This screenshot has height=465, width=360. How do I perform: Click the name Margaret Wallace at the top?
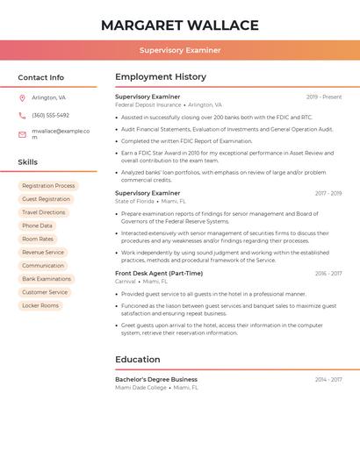(x=179, y=25)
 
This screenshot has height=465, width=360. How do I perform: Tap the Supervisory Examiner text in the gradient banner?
(x=179, y=50)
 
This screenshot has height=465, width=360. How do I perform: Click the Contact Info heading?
(x=40, y=77)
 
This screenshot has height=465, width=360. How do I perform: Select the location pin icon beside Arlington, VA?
(x=22, y=97)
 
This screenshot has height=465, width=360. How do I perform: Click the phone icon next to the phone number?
(x=22, y=115)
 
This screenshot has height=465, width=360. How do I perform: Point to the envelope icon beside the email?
(x=22, y=134)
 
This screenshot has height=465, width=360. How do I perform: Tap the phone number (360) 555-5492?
(x=50, y=115)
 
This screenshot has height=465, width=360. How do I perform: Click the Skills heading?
(x=27, y=162)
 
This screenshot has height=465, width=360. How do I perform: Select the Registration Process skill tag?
(x=48, y=186)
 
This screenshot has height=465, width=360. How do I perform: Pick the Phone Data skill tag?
(x=37, y=225)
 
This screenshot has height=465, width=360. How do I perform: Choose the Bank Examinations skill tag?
(x=47, y=279)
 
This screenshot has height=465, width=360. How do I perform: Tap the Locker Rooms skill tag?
(x=40, y=305)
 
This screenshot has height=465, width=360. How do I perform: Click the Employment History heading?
(x=160, y=77)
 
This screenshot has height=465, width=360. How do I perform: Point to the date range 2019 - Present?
(x=323, y=97)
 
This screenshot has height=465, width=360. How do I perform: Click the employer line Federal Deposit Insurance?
(x=148, y=105)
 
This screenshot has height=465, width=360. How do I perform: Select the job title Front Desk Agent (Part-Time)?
(x=158, y=274)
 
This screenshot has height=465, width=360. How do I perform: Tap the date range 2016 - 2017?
(x=328, y=274)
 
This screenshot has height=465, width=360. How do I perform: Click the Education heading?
(x=137, y=360)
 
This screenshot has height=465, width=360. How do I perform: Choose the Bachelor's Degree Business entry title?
(x=155, y=380)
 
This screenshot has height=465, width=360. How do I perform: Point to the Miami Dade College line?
(x=140, y=388)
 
